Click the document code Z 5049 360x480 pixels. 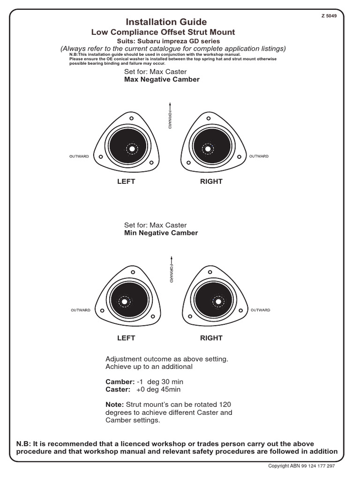click(329, 15)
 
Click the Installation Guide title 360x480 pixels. click(166, 22)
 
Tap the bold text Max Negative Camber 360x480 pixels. click(162, 80)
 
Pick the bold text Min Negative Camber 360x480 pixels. click(161, 233)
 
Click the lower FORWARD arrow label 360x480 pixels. click(172, 269)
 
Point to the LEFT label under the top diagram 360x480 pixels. click(126, 181)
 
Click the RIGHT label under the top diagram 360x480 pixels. click(211, 181)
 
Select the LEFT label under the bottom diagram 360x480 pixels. click(126, 338)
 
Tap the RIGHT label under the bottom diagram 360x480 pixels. click(211, 338)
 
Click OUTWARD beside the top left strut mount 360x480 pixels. click(79, 157)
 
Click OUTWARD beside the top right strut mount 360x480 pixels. click(259, 156)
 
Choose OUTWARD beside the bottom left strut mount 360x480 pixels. click(81, 310)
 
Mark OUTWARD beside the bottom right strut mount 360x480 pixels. click(261, 310)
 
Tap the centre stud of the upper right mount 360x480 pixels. click(207, 149)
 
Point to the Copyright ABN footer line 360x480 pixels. click(301, 466)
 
